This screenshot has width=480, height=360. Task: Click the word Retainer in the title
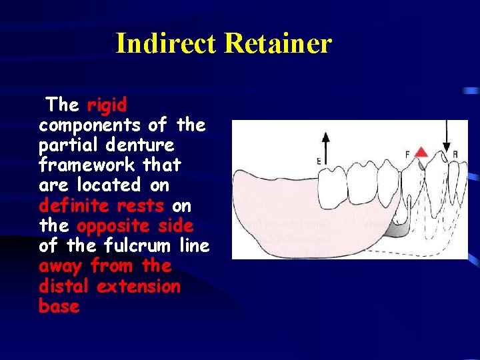tap(278, 44)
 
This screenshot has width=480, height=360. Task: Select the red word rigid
tap(107, 105)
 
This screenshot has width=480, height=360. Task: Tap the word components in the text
tap(89, 125)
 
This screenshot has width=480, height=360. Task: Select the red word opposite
tap(115, 225)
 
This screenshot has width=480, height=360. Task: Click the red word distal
tap(65, 287)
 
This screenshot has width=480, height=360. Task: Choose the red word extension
tap(139, 287)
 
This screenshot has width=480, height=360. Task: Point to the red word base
tap(59, 307)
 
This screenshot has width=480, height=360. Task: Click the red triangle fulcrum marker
tap(421, 153)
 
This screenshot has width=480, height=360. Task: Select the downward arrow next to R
tap(446, 140)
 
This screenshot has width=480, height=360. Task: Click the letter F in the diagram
tap(407, 155)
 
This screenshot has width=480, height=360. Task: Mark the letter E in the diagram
tap(319, 160)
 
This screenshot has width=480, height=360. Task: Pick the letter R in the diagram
tap(455, 155)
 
